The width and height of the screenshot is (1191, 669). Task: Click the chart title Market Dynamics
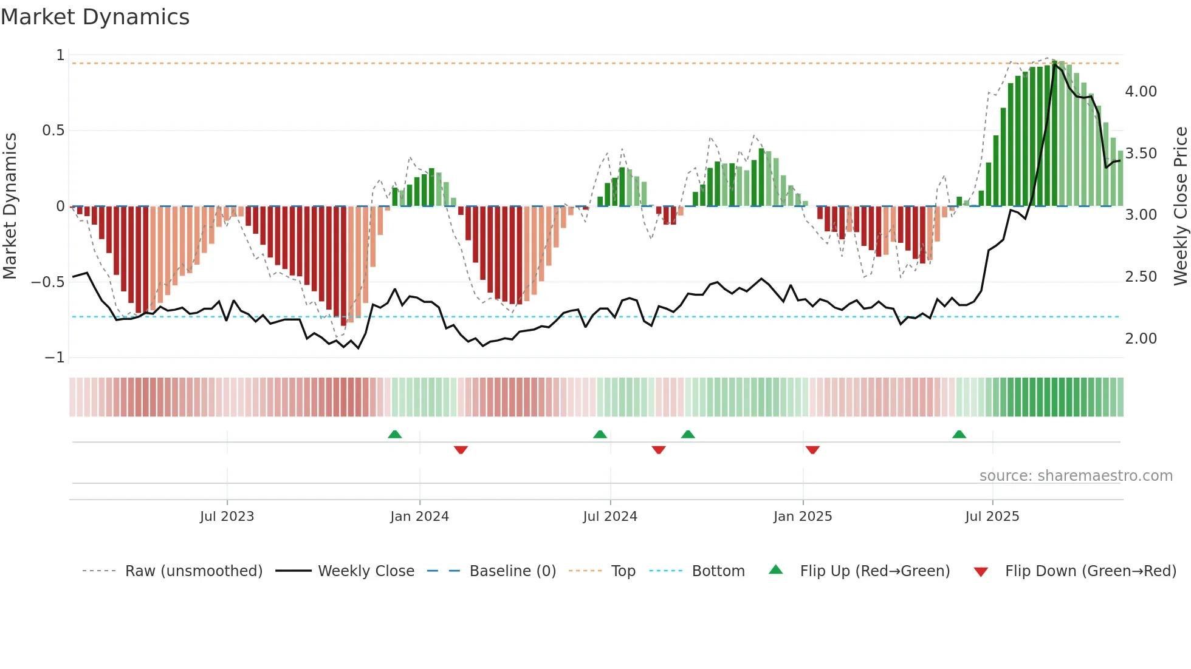point(95,17)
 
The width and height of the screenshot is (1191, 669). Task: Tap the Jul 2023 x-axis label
point(227,517)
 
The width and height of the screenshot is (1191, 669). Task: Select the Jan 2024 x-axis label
point(419,517)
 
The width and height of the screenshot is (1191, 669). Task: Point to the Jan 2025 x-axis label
point(803,517)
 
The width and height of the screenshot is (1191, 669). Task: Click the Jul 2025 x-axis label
point(992,517)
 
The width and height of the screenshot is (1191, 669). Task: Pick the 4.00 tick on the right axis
point(1141,92)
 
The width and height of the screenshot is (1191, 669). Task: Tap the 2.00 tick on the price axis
point(1141,339)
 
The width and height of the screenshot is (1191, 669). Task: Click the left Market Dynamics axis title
point(10,206)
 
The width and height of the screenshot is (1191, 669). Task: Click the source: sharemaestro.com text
point(1076,476)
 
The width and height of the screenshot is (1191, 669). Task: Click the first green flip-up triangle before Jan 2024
point(395,434)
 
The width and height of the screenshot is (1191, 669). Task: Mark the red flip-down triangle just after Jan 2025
point(812,450)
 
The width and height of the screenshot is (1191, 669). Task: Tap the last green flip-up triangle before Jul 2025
point(959,434)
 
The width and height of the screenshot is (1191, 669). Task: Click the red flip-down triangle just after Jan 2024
point(461,450)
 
